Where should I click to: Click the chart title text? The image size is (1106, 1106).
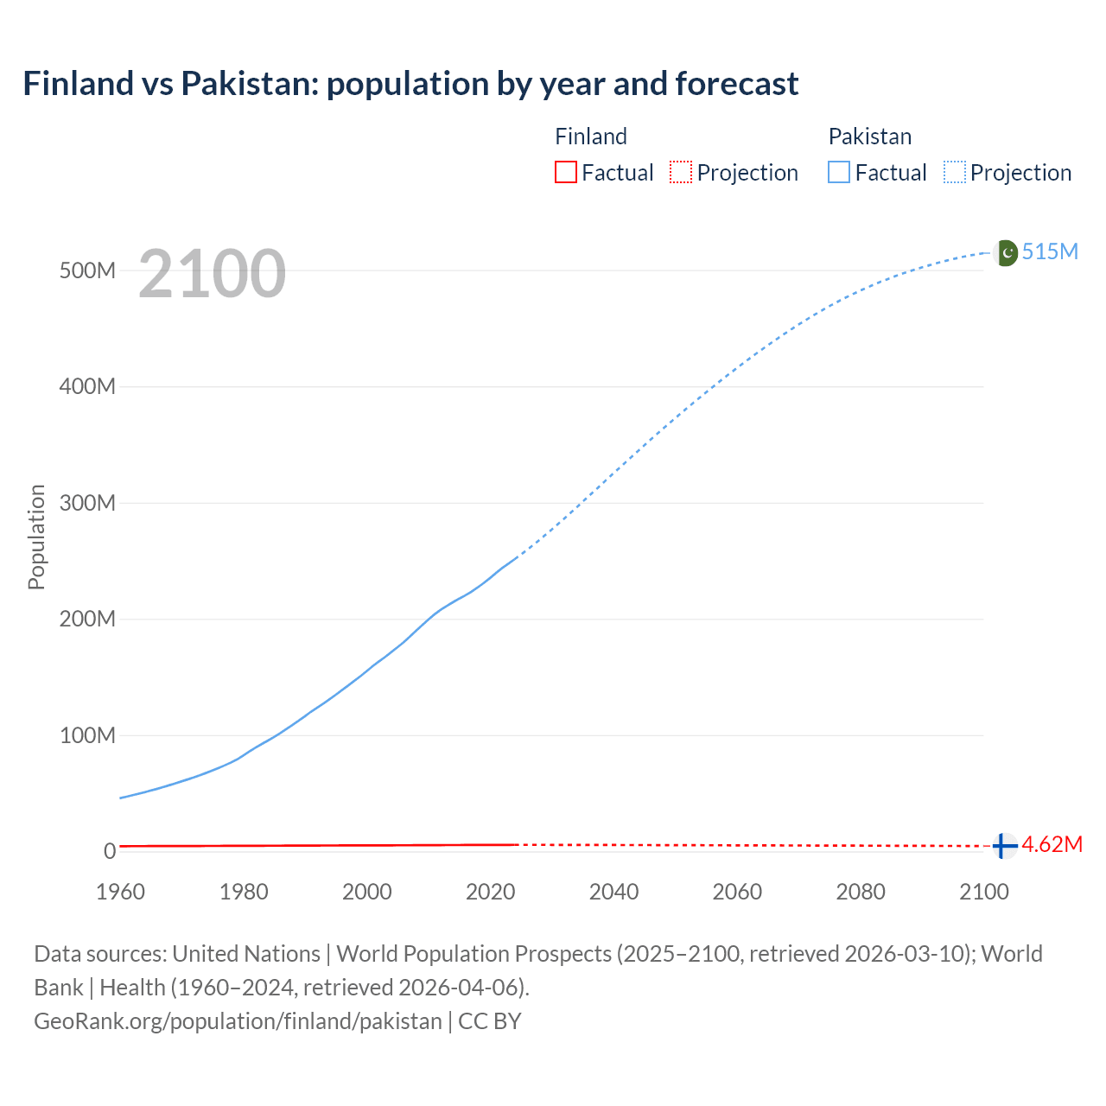410,84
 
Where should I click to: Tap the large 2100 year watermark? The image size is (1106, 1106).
212,273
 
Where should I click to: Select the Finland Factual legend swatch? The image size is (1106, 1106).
565,172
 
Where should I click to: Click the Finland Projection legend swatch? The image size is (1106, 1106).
681,172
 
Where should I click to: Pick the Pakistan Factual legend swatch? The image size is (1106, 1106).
838,172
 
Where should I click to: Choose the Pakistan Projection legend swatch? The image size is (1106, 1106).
954,172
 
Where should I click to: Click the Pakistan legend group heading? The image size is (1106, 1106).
869,137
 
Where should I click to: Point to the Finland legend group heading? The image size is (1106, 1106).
590,137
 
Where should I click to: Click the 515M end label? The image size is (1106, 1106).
1050,251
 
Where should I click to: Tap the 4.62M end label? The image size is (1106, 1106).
1052,844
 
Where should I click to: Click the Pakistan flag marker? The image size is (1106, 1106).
1006,252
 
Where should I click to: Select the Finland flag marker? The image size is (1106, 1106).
1003,845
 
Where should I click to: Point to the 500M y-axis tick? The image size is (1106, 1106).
87,270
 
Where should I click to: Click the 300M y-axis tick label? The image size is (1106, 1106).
87,503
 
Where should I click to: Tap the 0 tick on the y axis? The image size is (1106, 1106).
109,851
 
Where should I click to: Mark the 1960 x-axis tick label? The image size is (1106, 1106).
120,892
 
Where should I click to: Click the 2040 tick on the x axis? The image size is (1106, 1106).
613,892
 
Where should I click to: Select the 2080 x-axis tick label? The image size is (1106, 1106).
861,892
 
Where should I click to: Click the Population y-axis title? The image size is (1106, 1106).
36,537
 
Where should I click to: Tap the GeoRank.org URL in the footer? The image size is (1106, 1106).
238,1021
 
